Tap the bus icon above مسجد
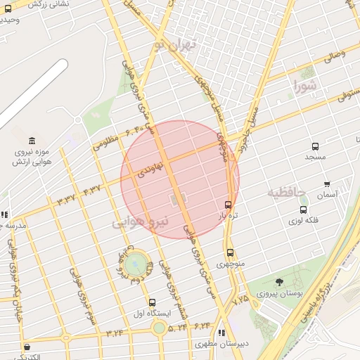point(315,147)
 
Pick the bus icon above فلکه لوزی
point(303,210)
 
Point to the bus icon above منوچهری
point(230,253)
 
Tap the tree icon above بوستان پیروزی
point(280,283)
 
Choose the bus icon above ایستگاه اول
point(153,302)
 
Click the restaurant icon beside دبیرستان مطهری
point(222,333)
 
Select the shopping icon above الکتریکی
point(27,347)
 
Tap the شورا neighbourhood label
point(307,87)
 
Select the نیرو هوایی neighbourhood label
point(141,223)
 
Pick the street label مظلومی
point(105,143)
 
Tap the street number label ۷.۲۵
point(240,299)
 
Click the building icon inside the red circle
point(174,200)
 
